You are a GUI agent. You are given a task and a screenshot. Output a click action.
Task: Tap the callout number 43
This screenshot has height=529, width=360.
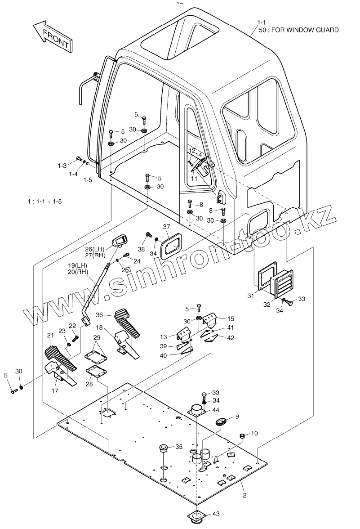pyautogui.click(x=216, y=514)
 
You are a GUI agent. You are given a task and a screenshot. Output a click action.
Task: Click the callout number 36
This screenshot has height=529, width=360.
pyautogui.click(x=100, y=315)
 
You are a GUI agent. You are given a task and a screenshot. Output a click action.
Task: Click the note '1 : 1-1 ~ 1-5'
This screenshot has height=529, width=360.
pyautogui.click(x=44, y=201)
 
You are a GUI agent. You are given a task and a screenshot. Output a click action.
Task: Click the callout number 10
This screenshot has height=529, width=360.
pyautogui.click(x=254, y=433)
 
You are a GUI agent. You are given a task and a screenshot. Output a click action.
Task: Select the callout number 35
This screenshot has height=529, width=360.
pyautogui.click(x=178, y=447)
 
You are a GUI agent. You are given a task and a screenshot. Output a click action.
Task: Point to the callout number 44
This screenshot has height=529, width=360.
pyautogui.click(x=216, y=410)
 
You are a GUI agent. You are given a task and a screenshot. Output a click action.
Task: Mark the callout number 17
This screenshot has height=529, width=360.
pyautogui.click(x=55, y=391)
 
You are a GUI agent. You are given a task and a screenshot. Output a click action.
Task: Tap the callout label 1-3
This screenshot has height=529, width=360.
pyautogui.click(x=62, y=165)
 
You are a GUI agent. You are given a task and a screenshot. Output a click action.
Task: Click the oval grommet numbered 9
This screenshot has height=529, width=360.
pyautogui.click(x=222, y=421)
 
